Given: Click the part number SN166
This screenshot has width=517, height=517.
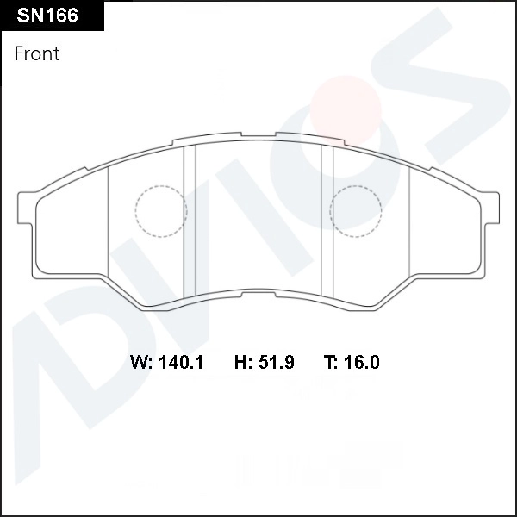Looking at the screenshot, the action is pyautogui.click(x=47, y=16).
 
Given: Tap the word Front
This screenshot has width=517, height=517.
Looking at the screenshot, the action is pyautogui.click(x=37, y=53).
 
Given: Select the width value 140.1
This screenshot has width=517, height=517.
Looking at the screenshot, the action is pyautogui.click(x=181, y=362).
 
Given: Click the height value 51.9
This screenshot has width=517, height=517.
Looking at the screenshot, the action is pyautogui.click(x=277, y=362).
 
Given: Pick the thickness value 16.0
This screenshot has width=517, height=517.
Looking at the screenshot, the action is pyautogui.click(x=362, y=362).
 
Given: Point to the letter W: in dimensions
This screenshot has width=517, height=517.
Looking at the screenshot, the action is pyautogui.click(x=141, y=362).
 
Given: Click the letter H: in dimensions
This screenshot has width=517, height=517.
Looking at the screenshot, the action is pyautogui.click(x=243, y=362).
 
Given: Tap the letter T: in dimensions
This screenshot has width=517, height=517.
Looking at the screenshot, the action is pyautogui.click(x=331, y=362).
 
